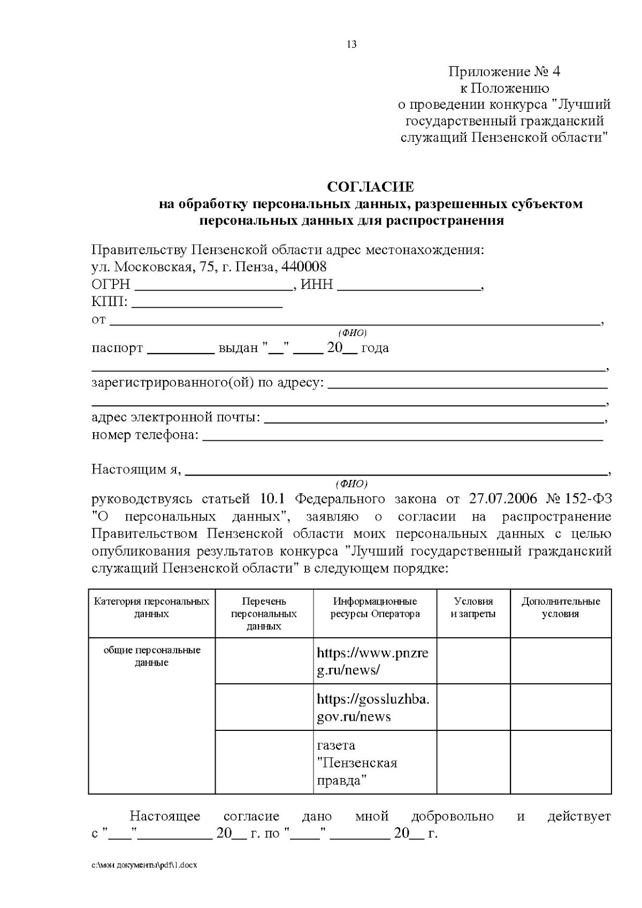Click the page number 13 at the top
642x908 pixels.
click(x=351, y=44)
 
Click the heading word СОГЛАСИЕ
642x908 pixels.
click(x=370, y=187)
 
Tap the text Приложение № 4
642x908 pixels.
click(x=496, y=72)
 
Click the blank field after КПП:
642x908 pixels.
click(x=207, y=306)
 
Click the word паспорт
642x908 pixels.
click(x=117, y=348)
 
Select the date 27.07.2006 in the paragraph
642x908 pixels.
click(x=503, y=499)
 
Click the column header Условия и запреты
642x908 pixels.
click(x=473, y=607)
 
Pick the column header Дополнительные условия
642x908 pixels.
click(x=560, y=607)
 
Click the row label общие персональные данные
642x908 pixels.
click(x=151, y=656)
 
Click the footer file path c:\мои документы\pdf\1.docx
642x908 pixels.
click(x=144, y=865)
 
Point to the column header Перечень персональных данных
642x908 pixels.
click(x=264, y=613)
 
